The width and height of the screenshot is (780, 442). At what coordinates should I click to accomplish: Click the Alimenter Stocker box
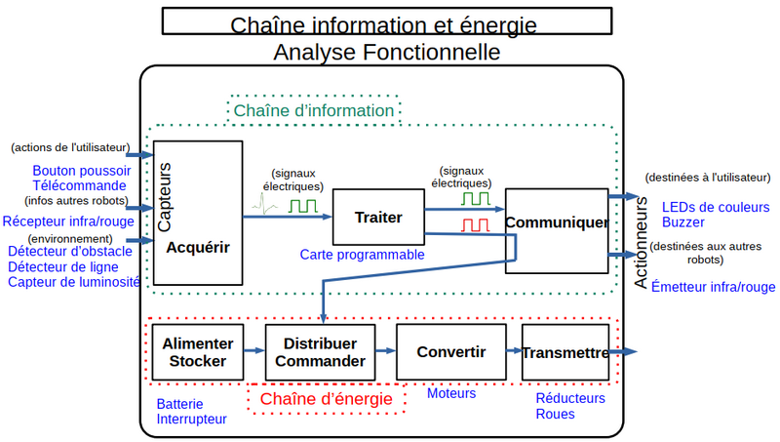pyautogui.click(x=198, y=352)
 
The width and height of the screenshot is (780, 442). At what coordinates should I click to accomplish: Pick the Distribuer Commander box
pyautogui.click(x=320, y=352)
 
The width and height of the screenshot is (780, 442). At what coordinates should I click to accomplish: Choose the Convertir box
pyautogui.click(x=450, y=351)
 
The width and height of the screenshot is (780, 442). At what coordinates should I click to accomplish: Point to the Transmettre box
pyautogui.click(x=565, y=352)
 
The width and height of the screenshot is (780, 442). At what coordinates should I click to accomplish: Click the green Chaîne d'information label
pyautogui.click(x=314, y=111)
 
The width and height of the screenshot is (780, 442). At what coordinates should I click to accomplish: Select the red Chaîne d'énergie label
pyautogui.click(x=326, y=399)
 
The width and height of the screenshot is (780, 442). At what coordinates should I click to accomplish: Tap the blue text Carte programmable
pyautogui.click(x=362, y=255)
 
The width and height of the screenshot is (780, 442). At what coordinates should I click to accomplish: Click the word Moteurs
pyautogui.click(x=451, y=393)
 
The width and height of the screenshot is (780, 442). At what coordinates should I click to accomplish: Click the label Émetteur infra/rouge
pyautogui.click(x=713, y=286)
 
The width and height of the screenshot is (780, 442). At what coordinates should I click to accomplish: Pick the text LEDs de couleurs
pyautogui.click(x=716, y=207)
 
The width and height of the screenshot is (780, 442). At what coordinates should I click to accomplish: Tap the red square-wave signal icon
pyautogui.click(x=476, y=225)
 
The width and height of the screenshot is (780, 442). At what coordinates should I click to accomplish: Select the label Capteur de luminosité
pyautogui.click(x=74, y=282)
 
